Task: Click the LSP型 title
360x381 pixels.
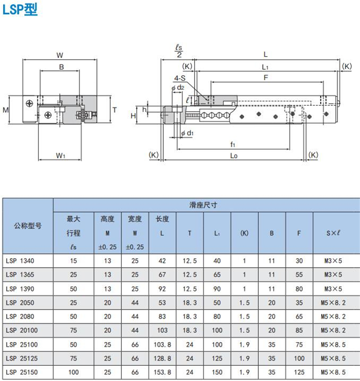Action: (x=20, y=10)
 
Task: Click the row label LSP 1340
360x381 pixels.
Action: (x=21, y=261)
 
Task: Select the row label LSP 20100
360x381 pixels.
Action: (x=22, y=331)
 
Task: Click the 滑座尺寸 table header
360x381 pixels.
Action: (x=203, y=205)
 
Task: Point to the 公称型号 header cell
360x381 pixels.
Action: (x=27, y=226)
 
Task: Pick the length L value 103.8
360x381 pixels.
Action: (x=163, y=345)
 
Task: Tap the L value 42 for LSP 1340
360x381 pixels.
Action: (x=163, y=261)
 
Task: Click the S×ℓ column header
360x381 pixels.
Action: (x=333, y=233)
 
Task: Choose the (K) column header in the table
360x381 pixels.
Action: (x=244, y=233)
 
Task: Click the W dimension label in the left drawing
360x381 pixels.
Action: (x=60, y=54)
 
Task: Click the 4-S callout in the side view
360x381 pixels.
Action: (x=180, y=78)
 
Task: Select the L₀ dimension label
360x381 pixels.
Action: (x=234, y=155)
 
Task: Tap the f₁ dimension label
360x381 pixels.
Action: (x=233, y=144)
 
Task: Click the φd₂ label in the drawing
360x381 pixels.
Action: (x=178, y=87)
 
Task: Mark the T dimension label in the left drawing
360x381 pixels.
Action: (x=114, y=110)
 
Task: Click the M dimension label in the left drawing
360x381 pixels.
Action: (x=6, y=110)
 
